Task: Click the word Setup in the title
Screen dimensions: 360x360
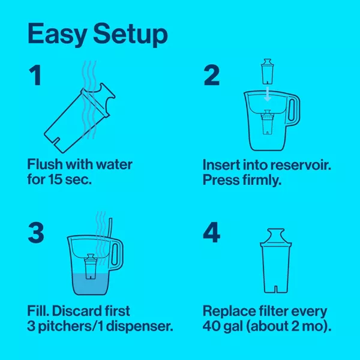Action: (131, 35)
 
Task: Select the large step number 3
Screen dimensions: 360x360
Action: (36, 232)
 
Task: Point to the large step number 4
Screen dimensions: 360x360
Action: (211, 232)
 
